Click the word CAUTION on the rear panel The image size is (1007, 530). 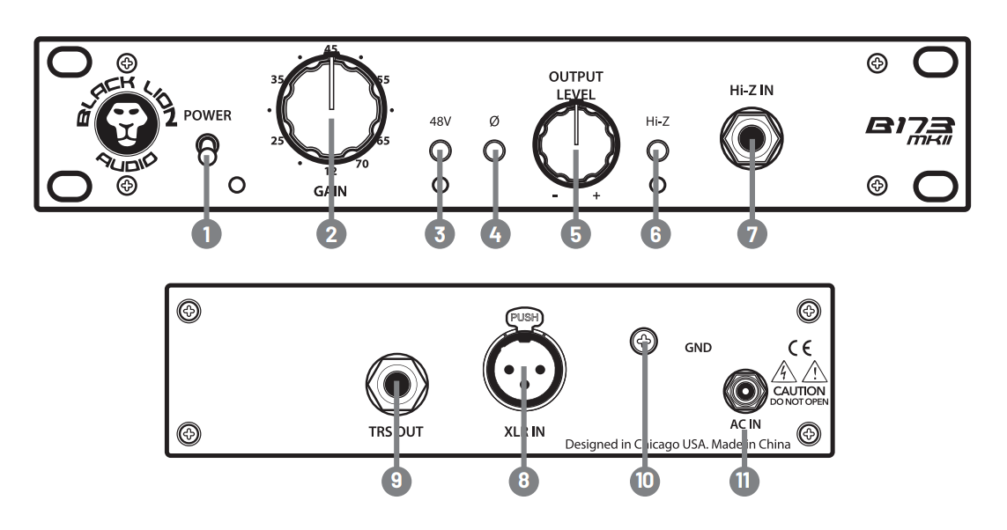[798, 388]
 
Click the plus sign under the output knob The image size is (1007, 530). [596, 196]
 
